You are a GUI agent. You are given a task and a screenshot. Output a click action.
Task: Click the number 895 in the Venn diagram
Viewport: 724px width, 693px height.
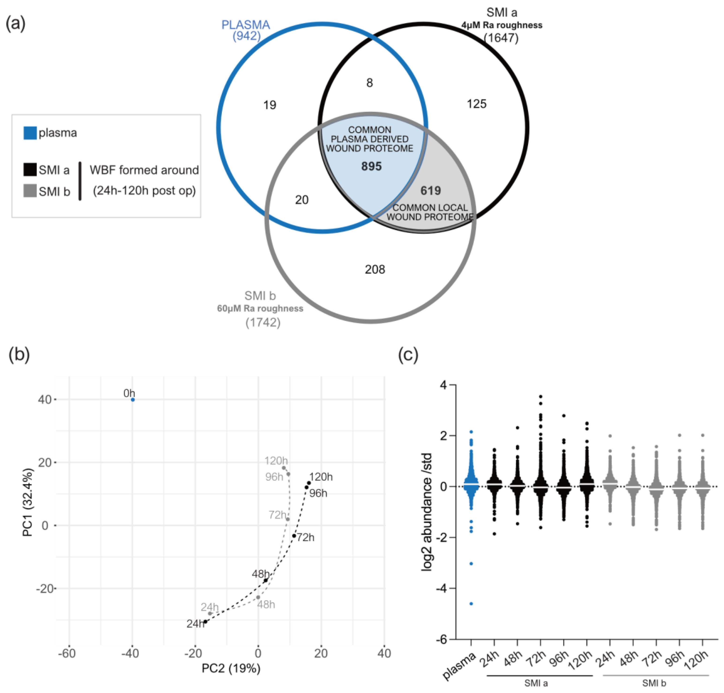371,166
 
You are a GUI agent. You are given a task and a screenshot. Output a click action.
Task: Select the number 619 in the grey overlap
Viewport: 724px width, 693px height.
431,191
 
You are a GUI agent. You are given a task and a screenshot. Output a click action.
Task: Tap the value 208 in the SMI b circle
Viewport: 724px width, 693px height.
375,270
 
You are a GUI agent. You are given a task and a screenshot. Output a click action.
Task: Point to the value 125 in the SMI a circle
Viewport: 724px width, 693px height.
476,104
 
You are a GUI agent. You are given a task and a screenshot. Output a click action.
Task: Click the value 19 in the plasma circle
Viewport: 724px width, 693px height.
270,105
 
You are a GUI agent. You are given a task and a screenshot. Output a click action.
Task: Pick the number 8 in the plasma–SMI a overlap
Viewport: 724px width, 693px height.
370,83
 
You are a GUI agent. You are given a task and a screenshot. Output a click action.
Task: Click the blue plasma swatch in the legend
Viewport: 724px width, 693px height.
30,133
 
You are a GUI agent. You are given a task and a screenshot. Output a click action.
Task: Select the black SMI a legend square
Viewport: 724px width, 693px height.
30,170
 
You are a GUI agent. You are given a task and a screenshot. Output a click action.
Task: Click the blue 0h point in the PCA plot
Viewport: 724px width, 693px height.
133,400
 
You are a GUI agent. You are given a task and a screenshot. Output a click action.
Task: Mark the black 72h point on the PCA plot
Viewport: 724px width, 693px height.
294,536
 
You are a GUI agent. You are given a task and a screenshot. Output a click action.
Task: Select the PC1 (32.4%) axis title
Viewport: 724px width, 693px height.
28,502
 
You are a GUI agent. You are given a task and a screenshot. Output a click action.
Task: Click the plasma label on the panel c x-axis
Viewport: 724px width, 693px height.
459,666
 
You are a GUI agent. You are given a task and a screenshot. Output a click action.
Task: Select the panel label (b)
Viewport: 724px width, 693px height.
19,354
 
